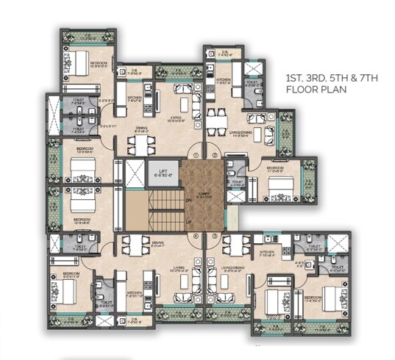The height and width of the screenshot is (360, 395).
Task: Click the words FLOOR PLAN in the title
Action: (x=314, y=90)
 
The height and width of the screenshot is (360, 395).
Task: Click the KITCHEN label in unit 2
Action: (x=224, y=79)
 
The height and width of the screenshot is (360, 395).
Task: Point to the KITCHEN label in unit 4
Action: (x=135, y=292)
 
